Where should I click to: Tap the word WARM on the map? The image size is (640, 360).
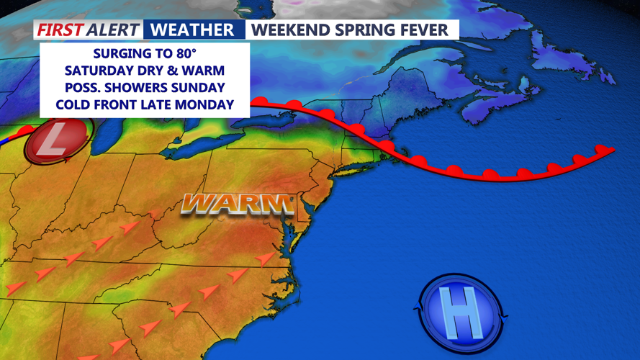(238, 204)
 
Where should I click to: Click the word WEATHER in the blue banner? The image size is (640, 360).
(194, 30)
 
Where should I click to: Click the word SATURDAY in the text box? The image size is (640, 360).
(98, 71)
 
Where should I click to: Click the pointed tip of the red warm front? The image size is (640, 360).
(614, 150)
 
